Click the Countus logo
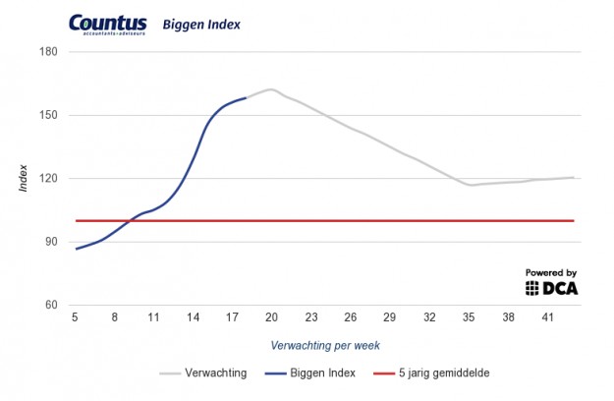click(107, 25)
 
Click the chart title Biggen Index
click(201, 23)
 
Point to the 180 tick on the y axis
click(49, 51)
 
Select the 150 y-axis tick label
click(49, 115)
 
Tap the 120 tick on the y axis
click(49, 178)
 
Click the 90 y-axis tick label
click(52, 242)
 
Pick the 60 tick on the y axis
click(52, 305)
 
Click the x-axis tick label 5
click(75, 318)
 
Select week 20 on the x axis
click(271, 318)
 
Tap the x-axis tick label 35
click(469, 318)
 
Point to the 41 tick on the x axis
click(547, 318)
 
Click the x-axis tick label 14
click(193, 318)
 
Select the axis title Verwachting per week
click(324, 345)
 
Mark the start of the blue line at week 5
click(76, 249)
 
